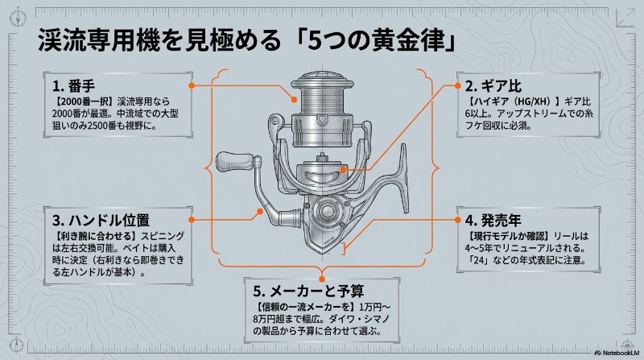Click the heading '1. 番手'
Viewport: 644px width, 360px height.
pyautogui.click(x=73, y=86)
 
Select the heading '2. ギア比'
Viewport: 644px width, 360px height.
pyautogui.click(x=493, y=86)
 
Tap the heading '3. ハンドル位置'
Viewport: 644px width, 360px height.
pyautogui.click(x=101, y=221)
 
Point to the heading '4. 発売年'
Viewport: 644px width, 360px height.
pyautogui.click(x=493, y=221)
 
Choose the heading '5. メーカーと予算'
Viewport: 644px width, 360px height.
pyautogui.click(x=308, y=291)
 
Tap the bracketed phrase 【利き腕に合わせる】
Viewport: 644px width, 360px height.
pyautogui.click(x=94, y=236)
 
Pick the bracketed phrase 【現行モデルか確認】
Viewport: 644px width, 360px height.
pyautogui.click(x=508, y=236)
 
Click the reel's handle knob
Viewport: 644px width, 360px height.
pyautogui.click(x=233, y=162)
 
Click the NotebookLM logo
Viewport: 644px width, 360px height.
pyautogui.click(x=617, y=353)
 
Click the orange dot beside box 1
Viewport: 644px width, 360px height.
pyautogui.click(x=191, y=85)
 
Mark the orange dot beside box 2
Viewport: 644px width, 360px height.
pyautogui.click(x=457, y=85)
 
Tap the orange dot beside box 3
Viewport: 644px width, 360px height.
pyautogui.click(x=191, y=220)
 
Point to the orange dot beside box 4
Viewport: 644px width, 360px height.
pyautogui.click(x=457, y=220)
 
